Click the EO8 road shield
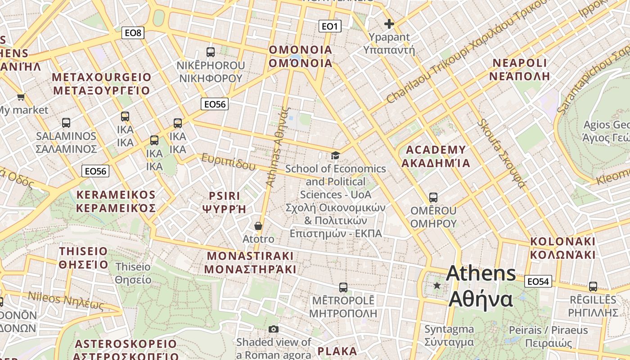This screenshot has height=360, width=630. point(133,32)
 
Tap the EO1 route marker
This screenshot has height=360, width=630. point(330,27)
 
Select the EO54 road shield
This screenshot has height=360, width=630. point(538,282)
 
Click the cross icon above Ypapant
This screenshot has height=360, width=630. point(389,24)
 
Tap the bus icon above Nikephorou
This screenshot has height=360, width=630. point(211,52)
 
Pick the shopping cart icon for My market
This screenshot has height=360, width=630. point(21,97)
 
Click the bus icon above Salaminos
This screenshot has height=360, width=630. point(66,123)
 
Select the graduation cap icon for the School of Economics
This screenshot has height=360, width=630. point(335,156)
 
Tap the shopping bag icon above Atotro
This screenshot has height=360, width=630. point(258,225)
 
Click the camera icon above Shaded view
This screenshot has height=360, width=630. point(274,329)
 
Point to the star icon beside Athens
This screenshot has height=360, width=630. point(436,285)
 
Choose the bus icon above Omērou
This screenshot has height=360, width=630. point(433,198)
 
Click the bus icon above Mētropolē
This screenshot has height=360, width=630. point(343,287)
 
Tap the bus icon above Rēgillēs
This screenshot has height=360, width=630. point(593,287)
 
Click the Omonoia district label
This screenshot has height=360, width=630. point(300,56)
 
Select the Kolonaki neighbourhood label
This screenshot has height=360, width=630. point(562,248)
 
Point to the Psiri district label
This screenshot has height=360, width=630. point(225,202)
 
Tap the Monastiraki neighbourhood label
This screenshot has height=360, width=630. point(250,262)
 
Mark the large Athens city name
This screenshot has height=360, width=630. point(481,286)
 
